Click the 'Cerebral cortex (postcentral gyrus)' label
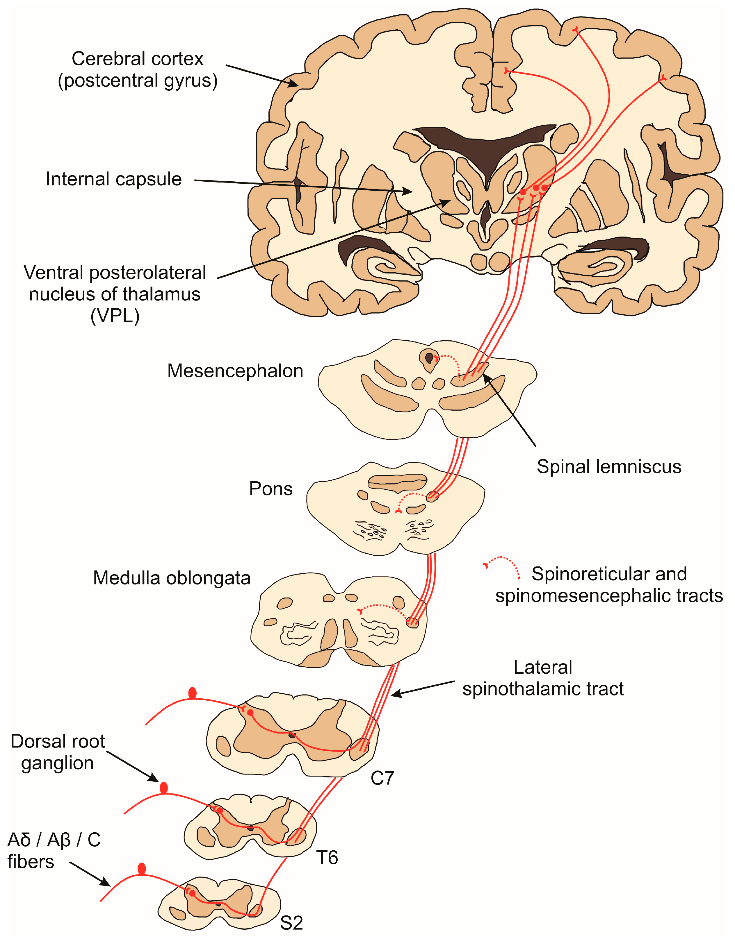pyautogui.click(x=138, y=70)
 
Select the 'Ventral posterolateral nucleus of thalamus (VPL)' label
pyautogui.click(x=115, y=294)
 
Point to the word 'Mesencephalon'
pyautogui.click(x=235, y=371)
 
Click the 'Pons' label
pyautogui.click(x=271, y=489)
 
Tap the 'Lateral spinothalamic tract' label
pyautogui.click(x=543, y=678)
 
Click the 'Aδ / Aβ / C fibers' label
pyautogui.click(x=54, y=850)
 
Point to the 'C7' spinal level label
pyautogui.click(x=382, y=778)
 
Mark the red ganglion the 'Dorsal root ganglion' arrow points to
pyautogui.click(x=163, y=788)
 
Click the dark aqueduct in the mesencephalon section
pyautogui.click(x=429, y=357)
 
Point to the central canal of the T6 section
pyautogui.click(x=250, y=828)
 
